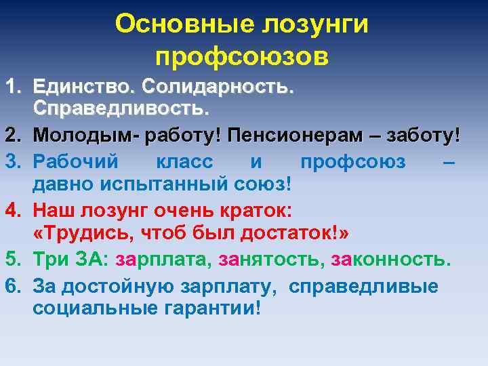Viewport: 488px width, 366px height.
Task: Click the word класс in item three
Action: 184,162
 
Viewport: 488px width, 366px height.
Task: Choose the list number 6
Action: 12,285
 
